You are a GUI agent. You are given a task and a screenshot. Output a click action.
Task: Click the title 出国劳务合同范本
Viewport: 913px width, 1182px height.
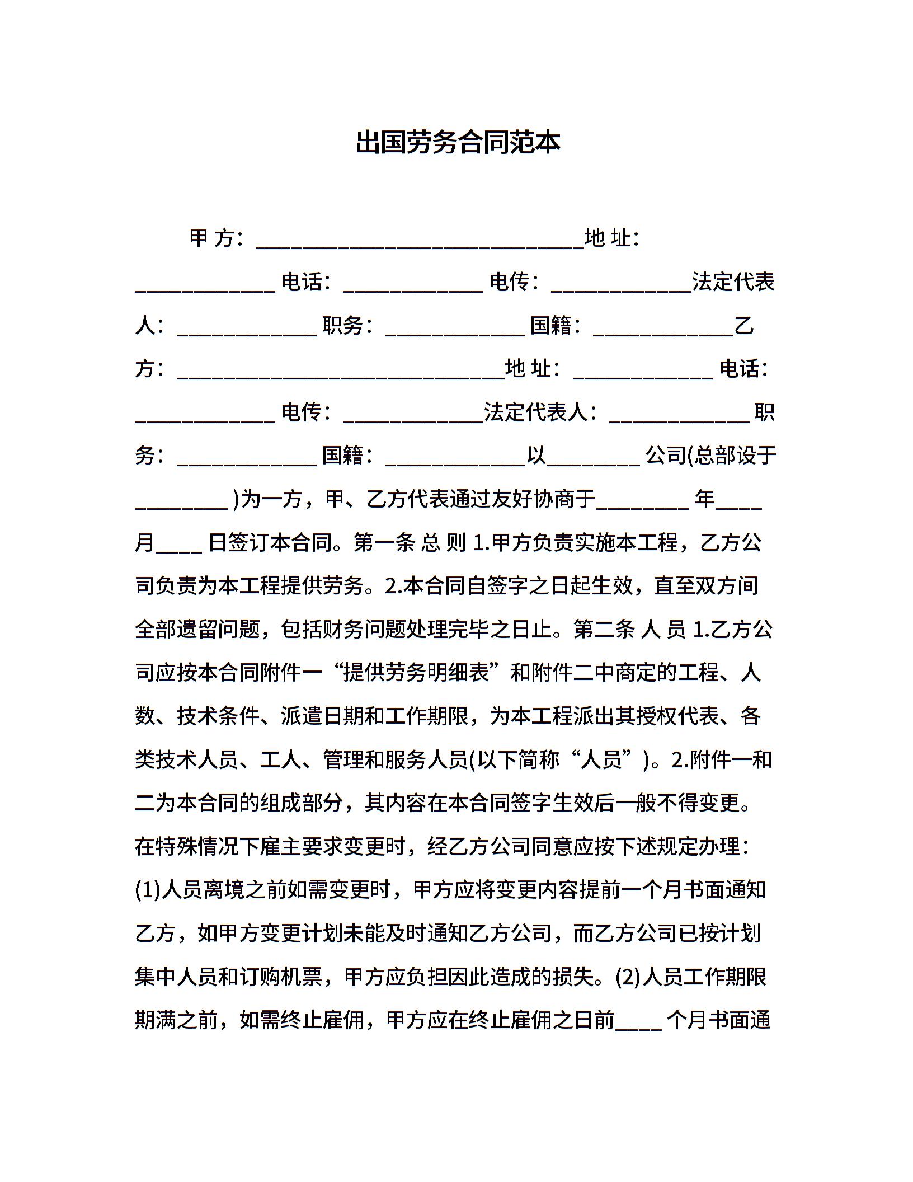click(x=458, y=143)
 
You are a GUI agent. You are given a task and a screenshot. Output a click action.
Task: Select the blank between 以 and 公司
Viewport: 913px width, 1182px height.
click(x=593, y=460)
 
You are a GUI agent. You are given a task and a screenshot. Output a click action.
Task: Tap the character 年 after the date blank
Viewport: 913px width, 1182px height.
click(x=704, y=499)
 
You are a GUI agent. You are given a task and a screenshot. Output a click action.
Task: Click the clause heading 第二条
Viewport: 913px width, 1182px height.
click(x=604, y=630)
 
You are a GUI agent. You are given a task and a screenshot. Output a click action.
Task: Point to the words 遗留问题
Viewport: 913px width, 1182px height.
click(x=219, y=630)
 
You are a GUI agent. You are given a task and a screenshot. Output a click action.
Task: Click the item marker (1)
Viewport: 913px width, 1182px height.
click(x=148, y=890)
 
